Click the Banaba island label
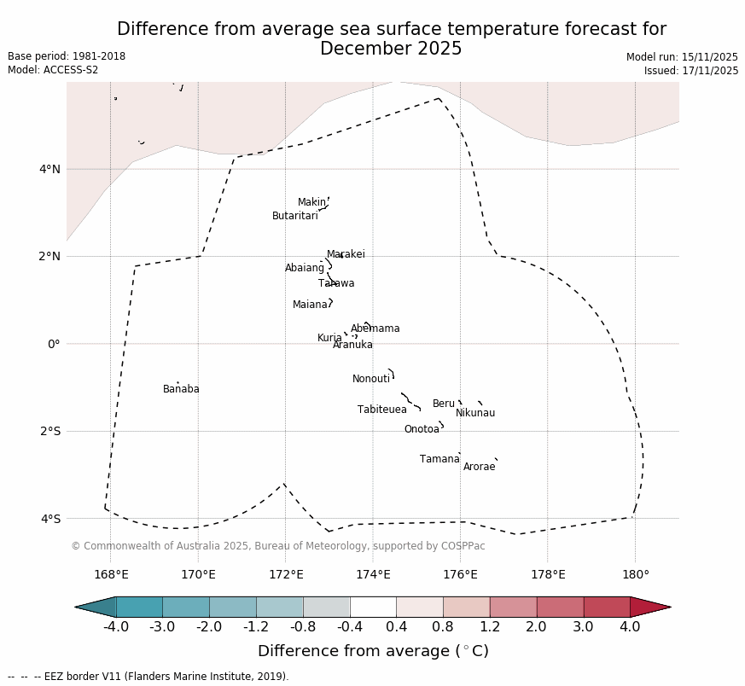[x=181, y=389]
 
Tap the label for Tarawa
[x=336, y=283]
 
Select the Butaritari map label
[x=294, y=216]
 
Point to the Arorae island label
[x=479, y=467]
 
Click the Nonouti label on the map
[x=370, y=379]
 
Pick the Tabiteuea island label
[x=381, y=410]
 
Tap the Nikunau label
[x=474, y=413]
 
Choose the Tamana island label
[x=439, y=459]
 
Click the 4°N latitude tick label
[x=49, y=169]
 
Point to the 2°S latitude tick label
[x=49, y=431]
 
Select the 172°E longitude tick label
[x=286, y=575]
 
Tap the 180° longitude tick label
[x=635, y=575]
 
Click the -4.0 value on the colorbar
[x=115, y=627]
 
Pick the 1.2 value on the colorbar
[x=490, y=627]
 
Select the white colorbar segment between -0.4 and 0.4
[x=373, y=607]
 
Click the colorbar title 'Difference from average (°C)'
[x=373, y=651]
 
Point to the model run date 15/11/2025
[x=682, y=57]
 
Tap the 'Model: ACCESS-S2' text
[x=53, y=70]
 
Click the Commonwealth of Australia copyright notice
[x=277, y=546]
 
